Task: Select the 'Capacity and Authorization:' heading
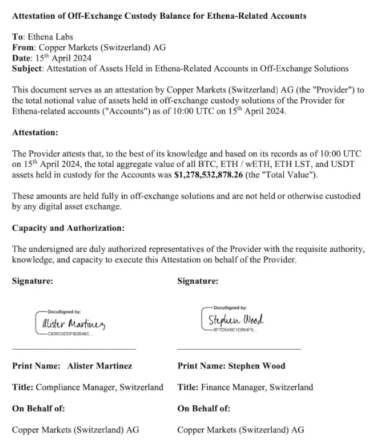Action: [x=68, y=228]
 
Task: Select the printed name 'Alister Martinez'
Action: [x=100, y=366]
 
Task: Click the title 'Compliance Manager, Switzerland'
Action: [x=100, y=387]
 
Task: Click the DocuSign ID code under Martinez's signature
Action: [x=69, y=333]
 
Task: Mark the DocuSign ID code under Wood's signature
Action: [x=231, y=329]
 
